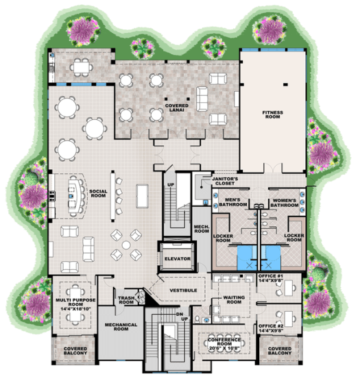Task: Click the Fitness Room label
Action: (273, 118)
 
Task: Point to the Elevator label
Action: (177, 258)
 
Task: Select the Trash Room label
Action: (125, 299)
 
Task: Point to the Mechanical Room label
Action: (121, 327)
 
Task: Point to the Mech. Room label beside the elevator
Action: (202, 229)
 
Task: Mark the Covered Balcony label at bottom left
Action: (75, 352)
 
